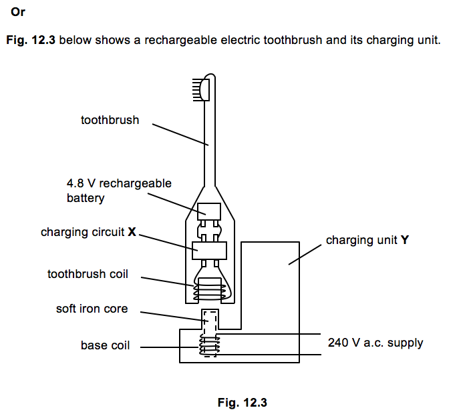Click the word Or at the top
point(18,11)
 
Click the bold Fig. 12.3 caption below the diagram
point(242,402)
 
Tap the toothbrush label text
point(110,121)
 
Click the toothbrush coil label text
point(88,274)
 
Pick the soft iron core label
point(92,309)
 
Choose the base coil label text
point(106,345)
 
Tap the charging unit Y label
point(367,240)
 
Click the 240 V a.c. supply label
point(375,343)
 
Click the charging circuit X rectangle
point(208,250)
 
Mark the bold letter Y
point(404,240)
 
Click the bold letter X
point(132,233)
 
